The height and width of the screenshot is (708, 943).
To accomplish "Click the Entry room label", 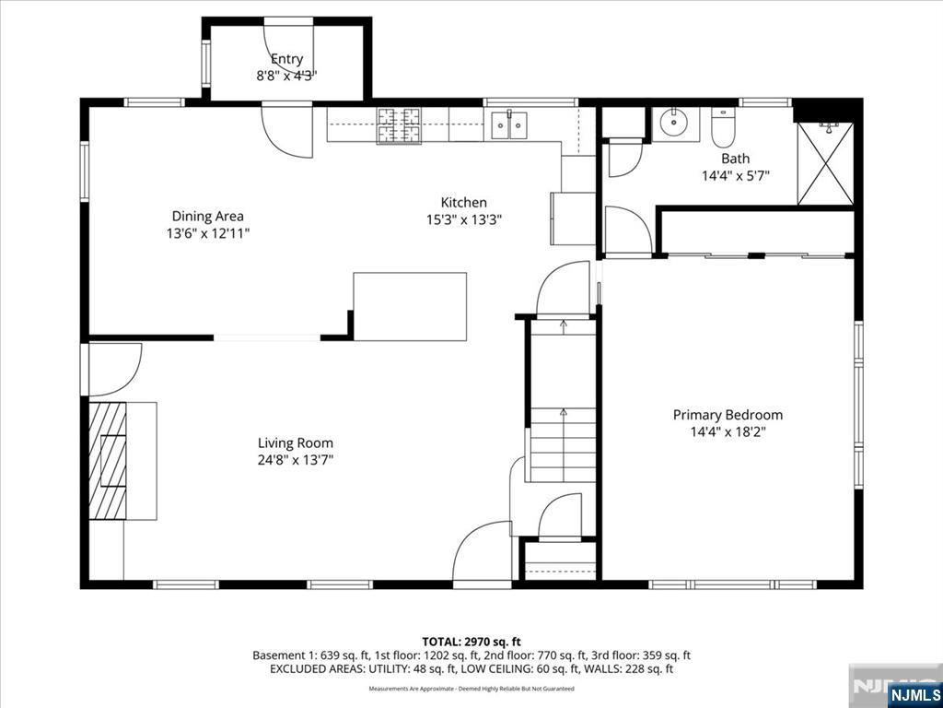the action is click(x=287, y=59).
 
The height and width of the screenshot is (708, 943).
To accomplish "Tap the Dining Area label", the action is click(x=208, y=216).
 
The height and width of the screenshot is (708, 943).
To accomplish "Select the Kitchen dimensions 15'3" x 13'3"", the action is click(x=464, y=219).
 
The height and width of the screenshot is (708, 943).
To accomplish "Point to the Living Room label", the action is click(x=296, y=443).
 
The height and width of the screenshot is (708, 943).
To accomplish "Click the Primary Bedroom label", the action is click(x=728, y=415).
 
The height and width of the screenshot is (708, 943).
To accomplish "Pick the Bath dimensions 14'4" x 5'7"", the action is click(x=736, y=176).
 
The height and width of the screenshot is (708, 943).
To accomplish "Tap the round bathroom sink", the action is click(x=676, y=124).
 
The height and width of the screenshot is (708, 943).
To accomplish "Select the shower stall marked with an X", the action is click(x=825, y=163).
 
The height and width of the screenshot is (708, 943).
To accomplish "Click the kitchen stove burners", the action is click(x=398, y=125).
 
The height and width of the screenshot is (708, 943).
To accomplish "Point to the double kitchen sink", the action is click(x=508, y=124).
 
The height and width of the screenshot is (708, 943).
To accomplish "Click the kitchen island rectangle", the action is click(x=410, y=306).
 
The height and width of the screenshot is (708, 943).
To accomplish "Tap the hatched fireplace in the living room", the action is click(x=108, y=461).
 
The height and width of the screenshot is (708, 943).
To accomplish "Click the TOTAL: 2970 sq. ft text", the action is click(x=471, y=642).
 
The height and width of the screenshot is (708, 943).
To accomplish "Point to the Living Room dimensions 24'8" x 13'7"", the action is click(x=296, y=461).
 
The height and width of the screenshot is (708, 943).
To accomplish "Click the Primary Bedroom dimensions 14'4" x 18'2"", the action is click(x=728, y=431).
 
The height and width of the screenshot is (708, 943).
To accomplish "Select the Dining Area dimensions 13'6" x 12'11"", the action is click(x=208, y=233).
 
